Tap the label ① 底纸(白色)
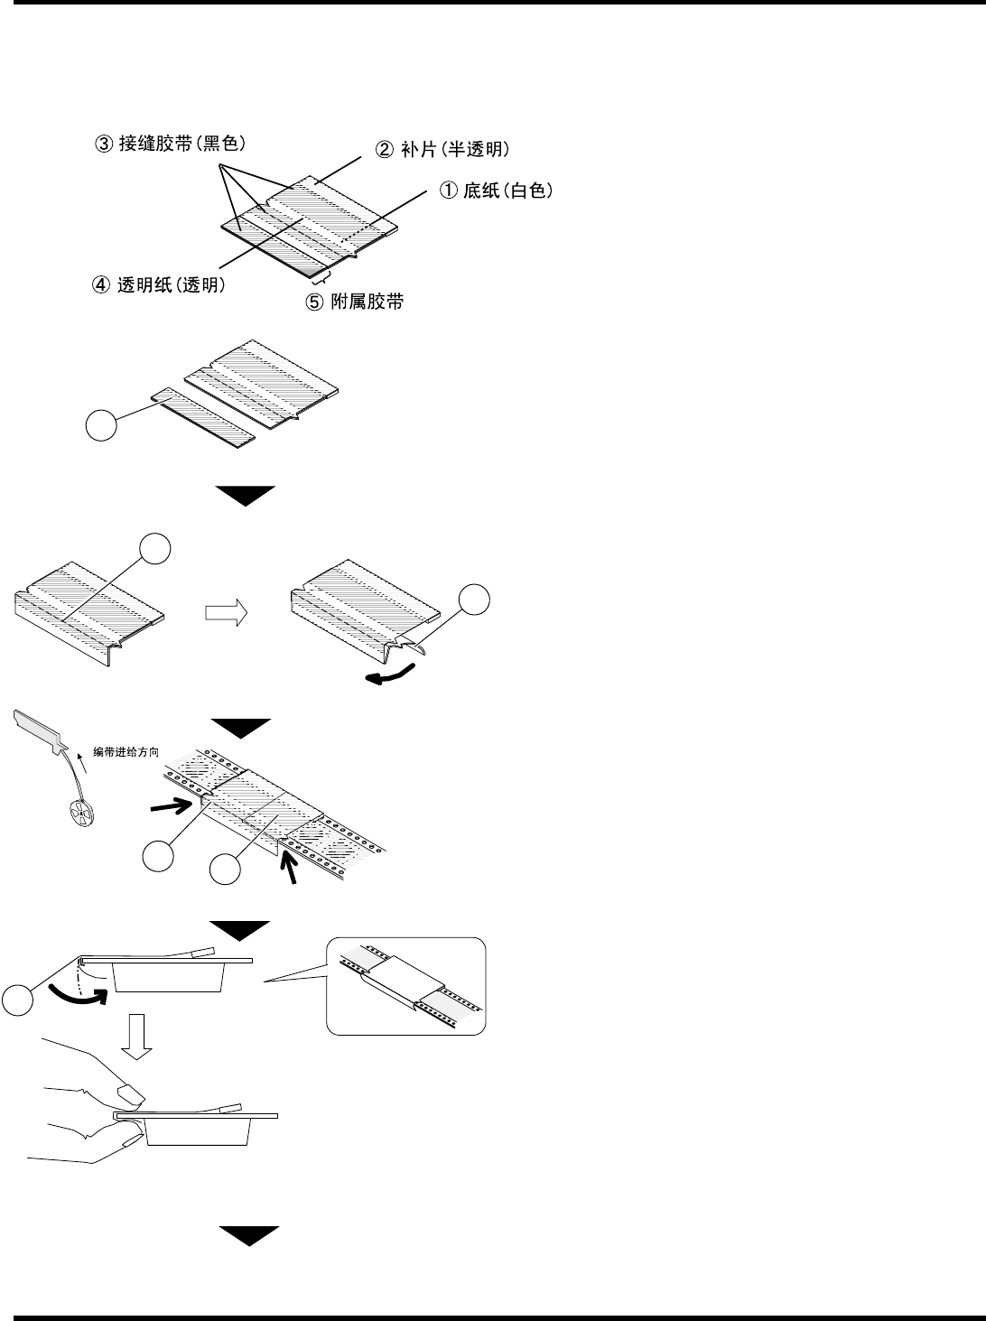[x=496, y=191]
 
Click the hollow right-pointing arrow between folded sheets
[x=226, y=613]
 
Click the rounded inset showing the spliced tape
[x=405, y=986]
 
